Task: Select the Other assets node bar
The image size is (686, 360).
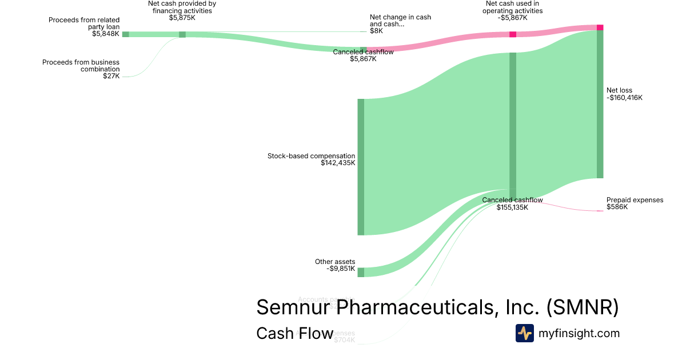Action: (x=361, y=272)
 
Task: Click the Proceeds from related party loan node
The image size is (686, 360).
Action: (x=126, y=34)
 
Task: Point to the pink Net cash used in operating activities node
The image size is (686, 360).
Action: (x=513, y=34)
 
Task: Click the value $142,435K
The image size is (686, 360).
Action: (x=338, y=163)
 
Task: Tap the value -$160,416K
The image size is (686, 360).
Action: (x=624, y=98)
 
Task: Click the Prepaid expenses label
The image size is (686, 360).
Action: (x=635, y=200)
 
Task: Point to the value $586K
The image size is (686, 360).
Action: (x=617, y=207)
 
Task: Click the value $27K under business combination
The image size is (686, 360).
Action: (x=111, y=76)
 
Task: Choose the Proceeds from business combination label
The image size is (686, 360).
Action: (x=81, y=65)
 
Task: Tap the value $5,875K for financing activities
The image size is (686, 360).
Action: (x=182, y=18)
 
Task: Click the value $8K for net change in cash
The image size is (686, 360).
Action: (x=376, y=31)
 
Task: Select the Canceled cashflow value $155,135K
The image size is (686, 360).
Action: (x=512, y=207)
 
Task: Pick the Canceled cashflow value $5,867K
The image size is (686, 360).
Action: (x=363, y=59)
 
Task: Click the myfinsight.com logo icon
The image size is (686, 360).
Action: (x=524, y=333)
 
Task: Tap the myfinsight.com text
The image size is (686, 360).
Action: (x=579, y=333)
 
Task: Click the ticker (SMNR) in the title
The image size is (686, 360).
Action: (x=583, y=307)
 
